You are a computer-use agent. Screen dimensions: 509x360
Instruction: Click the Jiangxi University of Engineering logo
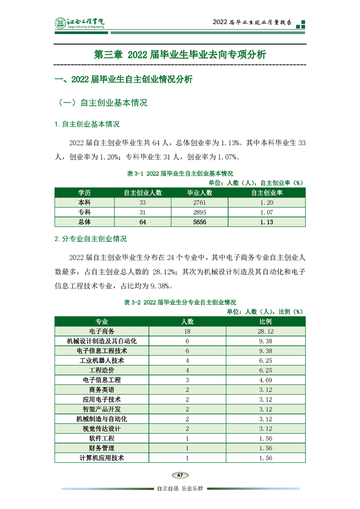79,23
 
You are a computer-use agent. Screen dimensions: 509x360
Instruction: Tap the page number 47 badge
180,475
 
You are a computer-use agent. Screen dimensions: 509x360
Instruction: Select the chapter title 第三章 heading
180,54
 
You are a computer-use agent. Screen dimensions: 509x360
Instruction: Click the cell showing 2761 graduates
200,202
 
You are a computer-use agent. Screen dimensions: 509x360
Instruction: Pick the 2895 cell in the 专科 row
200,212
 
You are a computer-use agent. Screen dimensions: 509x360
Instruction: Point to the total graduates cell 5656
200,222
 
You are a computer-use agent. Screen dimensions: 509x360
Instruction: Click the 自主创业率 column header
267,193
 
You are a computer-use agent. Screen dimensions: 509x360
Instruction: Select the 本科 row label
84,202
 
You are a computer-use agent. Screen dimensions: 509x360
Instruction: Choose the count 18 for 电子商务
187,331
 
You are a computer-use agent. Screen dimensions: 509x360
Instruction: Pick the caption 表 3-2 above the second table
180,302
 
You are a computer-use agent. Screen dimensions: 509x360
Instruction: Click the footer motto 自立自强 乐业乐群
180,489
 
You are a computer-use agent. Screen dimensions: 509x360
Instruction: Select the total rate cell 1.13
267,222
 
